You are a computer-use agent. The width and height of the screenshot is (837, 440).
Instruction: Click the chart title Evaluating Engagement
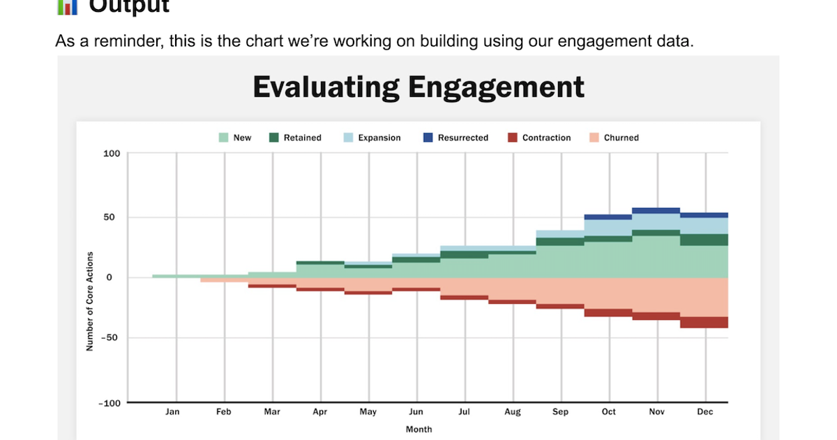[x=418, y=87]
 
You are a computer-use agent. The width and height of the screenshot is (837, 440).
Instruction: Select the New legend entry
[x=235, y=138]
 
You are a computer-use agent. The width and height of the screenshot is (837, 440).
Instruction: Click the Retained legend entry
[x=295, y=138]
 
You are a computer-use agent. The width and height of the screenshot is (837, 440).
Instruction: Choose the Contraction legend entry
[x=538, y=138]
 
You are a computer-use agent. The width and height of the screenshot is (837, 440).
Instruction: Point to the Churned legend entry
[x=614, y=138]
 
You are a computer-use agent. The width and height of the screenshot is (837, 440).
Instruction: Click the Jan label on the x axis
[x=172, y=412]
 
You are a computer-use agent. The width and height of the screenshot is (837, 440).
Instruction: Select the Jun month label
[x=416, y=412]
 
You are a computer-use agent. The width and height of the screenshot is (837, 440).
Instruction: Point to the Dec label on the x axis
[x=705, y=412]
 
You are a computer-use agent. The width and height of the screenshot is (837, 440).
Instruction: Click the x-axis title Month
[x=418, y=430]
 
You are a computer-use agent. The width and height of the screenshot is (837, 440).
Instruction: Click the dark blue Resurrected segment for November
[x=656, y=210]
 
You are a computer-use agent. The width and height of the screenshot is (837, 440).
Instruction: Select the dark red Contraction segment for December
[x=704, y=322]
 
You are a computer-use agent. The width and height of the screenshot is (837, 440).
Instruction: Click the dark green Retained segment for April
[x=320, y=263]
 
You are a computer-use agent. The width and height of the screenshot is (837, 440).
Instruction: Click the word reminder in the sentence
[x=123, y=41]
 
